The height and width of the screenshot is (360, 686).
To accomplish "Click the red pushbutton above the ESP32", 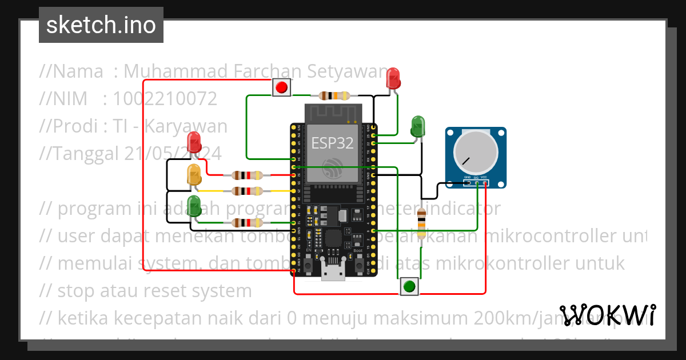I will click(x=281, y=87).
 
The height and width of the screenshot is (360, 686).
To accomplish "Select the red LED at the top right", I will click(x=393, y=78).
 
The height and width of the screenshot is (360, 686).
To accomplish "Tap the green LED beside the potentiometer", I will click(x=418, y=126).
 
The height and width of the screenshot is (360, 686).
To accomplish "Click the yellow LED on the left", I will click(x=194, y=174).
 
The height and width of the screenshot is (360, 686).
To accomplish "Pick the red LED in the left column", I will click(x=194, y=142).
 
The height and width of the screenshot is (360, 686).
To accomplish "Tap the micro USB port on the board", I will click(x=333, y=273).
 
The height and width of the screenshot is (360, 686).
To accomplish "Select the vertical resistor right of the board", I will click(x=421, y=223).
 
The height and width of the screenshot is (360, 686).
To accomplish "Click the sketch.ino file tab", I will click(x=101, y=25).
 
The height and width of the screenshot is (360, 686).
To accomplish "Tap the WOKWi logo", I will click(x=608, y=315).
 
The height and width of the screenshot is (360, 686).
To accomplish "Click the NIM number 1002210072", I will click(x=165, y=99).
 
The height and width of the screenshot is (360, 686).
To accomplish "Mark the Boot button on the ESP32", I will click(x=358, y=266).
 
